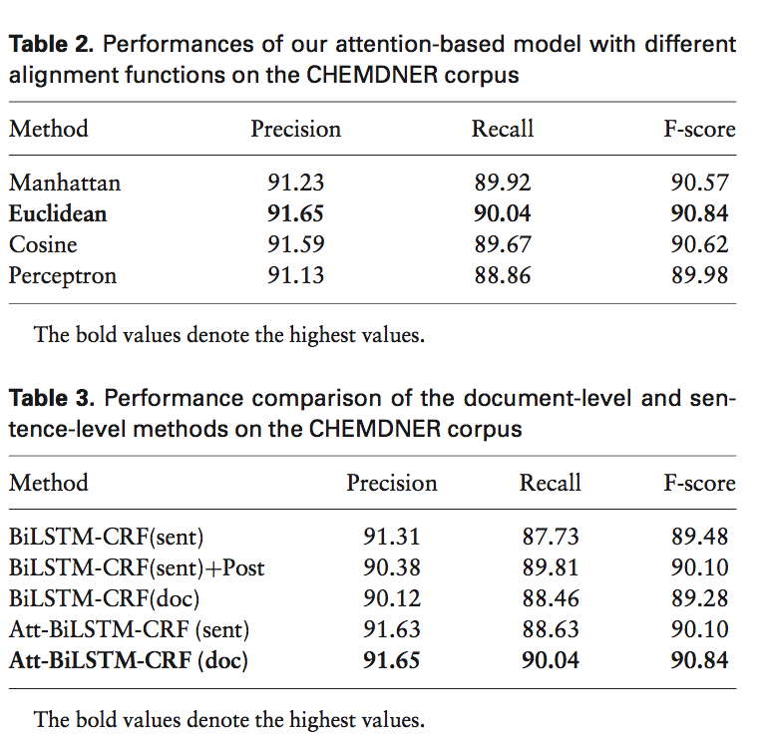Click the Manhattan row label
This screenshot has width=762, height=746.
tap(65, 183)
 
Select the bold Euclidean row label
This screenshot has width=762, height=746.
tap(58, 213)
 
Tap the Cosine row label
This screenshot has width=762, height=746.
tap(43, 244)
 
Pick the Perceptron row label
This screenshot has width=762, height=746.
tap(63, 276)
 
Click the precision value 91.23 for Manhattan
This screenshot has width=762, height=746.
tap(296, 183)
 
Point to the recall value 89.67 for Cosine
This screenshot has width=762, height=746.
tap(503, 244)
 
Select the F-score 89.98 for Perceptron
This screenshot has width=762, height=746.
tap(700, 276)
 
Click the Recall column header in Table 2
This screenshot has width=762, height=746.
tap(503, 129)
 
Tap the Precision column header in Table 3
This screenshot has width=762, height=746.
tap(392, 483)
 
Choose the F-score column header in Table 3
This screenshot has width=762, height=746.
tap(700, 483)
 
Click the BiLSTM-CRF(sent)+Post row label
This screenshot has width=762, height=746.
tap(137, 567)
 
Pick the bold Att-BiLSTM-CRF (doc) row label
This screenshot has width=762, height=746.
tap(129, 660)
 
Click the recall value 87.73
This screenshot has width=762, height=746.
tap(551, 537)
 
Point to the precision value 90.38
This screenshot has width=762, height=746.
tap(392, 567)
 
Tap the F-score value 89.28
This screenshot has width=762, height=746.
tap(700, 598)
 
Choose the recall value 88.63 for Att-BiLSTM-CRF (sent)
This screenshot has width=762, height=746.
tap(551, 629)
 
